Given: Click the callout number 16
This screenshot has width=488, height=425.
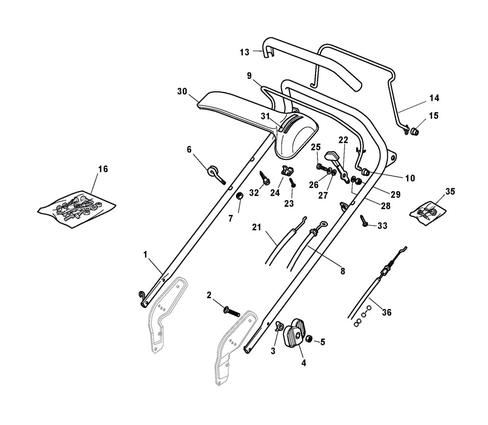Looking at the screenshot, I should [103, 169].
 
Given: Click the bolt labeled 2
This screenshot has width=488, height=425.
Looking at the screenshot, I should [232, 312].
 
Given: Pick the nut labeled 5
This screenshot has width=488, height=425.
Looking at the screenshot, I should [309, 340].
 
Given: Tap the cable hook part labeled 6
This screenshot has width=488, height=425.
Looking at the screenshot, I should [214, 173].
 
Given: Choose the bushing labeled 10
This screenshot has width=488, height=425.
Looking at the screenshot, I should [366, 173].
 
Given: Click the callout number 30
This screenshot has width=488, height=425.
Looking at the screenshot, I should [182, 91].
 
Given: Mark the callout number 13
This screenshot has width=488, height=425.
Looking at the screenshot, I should [244, 52].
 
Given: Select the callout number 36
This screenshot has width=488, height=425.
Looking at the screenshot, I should [386, 312].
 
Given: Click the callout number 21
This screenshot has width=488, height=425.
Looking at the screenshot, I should [257, 228].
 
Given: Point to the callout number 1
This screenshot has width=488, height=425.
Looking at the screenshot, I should [145, 255].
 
